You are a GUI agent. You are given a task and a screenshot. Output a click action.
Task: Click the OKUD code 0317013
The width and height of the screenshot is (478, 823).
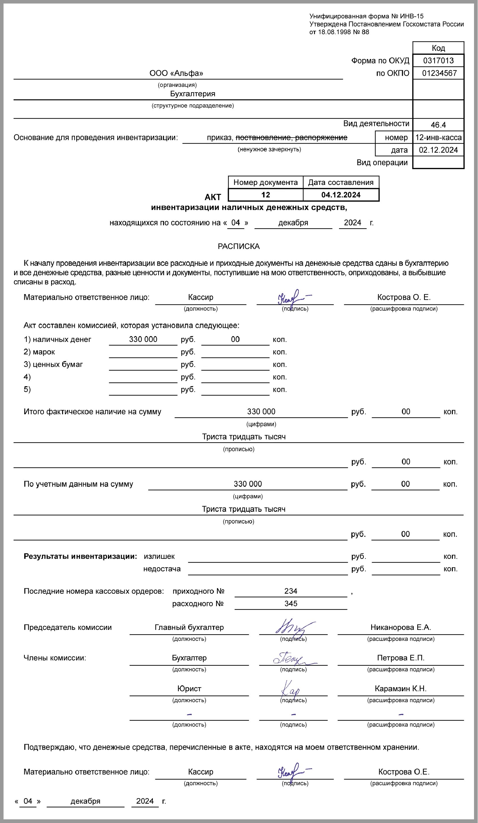coord(438,60)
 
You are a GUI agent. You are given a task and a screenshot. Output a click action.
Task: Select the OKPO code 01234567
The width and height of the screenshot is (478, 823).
coord(439,73)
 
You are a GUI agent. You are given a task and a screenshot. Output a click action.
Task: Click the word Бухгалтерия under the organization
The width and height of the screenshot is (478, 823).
coord(192,94)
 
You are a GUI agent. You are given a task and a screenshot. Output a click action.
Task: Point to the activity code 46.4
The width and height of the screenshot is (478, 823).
coord(438,125)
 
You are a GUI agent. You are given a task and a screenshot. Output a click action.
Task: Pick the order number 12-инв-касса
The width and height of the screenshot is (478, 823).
coord(438,137)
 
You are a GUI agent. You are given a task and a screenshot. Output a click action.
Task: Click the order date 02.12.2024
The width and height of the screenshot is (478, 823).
coord(438,150)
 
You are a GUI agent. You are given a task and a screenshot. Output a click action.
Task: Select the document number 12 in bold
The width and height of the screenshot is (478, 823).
coord(266,195)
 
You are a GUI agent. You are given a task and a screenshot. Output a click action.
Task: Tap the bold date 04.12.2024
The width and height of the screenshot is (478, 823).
coord(341,195)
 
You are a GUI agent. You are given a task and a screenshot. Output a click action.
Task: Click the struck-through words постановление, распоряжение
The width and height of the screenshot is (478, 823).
coord(291,137)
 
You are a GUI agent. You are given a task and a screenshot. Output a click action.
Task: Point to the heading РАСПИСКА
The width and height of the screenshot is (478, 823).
coord(238,246)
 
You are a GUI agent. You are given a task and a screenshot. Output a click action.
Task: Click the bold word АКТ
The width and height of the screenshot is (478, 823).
coord(213,197)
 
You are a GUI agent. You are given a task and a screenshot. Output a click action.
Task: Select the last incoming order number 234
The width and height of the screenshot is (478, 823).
coord(290,591)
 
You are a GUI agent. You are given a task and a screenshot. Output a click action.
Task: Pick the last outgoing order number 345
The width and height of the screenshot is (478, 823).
coord(290,604)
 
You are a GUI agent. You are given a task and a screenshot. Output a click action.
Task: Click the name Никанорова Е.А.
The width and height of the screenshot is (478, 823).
coord(401,627)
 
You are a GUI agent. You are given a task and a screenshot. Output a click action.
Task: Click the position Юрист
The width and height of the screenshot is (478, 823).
coord(189,688)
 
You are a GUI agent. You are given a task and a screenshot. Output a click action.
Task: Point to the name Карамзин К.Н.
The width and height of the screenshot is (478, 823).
coord(401,688)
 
